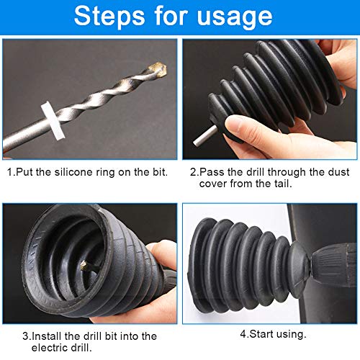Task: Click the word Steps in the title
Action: [109, 16]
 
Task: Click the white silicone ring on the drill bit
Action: [53, 120]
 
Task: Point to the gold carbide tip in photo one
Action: [158, 70]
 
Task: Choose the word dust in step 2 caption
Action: [339, 172]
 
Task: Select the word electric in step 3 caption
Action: [50, 348]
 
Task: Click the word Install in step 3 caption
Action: [46, 336]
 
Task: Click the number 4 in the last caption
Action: [243, 334]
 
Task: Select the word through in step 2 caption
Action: [287, 173]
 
